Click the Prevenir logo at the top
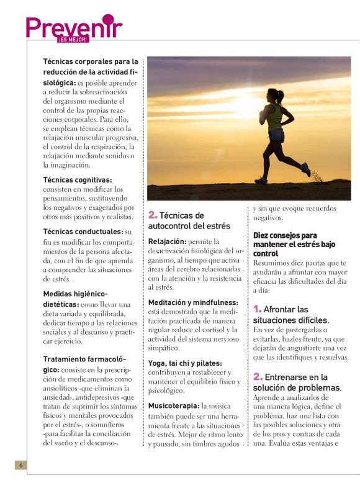[74, 27]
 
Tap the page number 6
[20, 465]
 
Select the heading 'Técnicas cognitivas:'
[78, 180]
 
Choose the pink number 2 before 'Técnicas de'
[153, 215]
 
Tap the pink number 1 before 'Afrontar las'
[258, 309]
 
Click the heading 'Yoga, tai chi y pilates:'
[185, 363]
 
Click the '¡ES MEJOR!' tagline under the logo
[73, 39]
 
